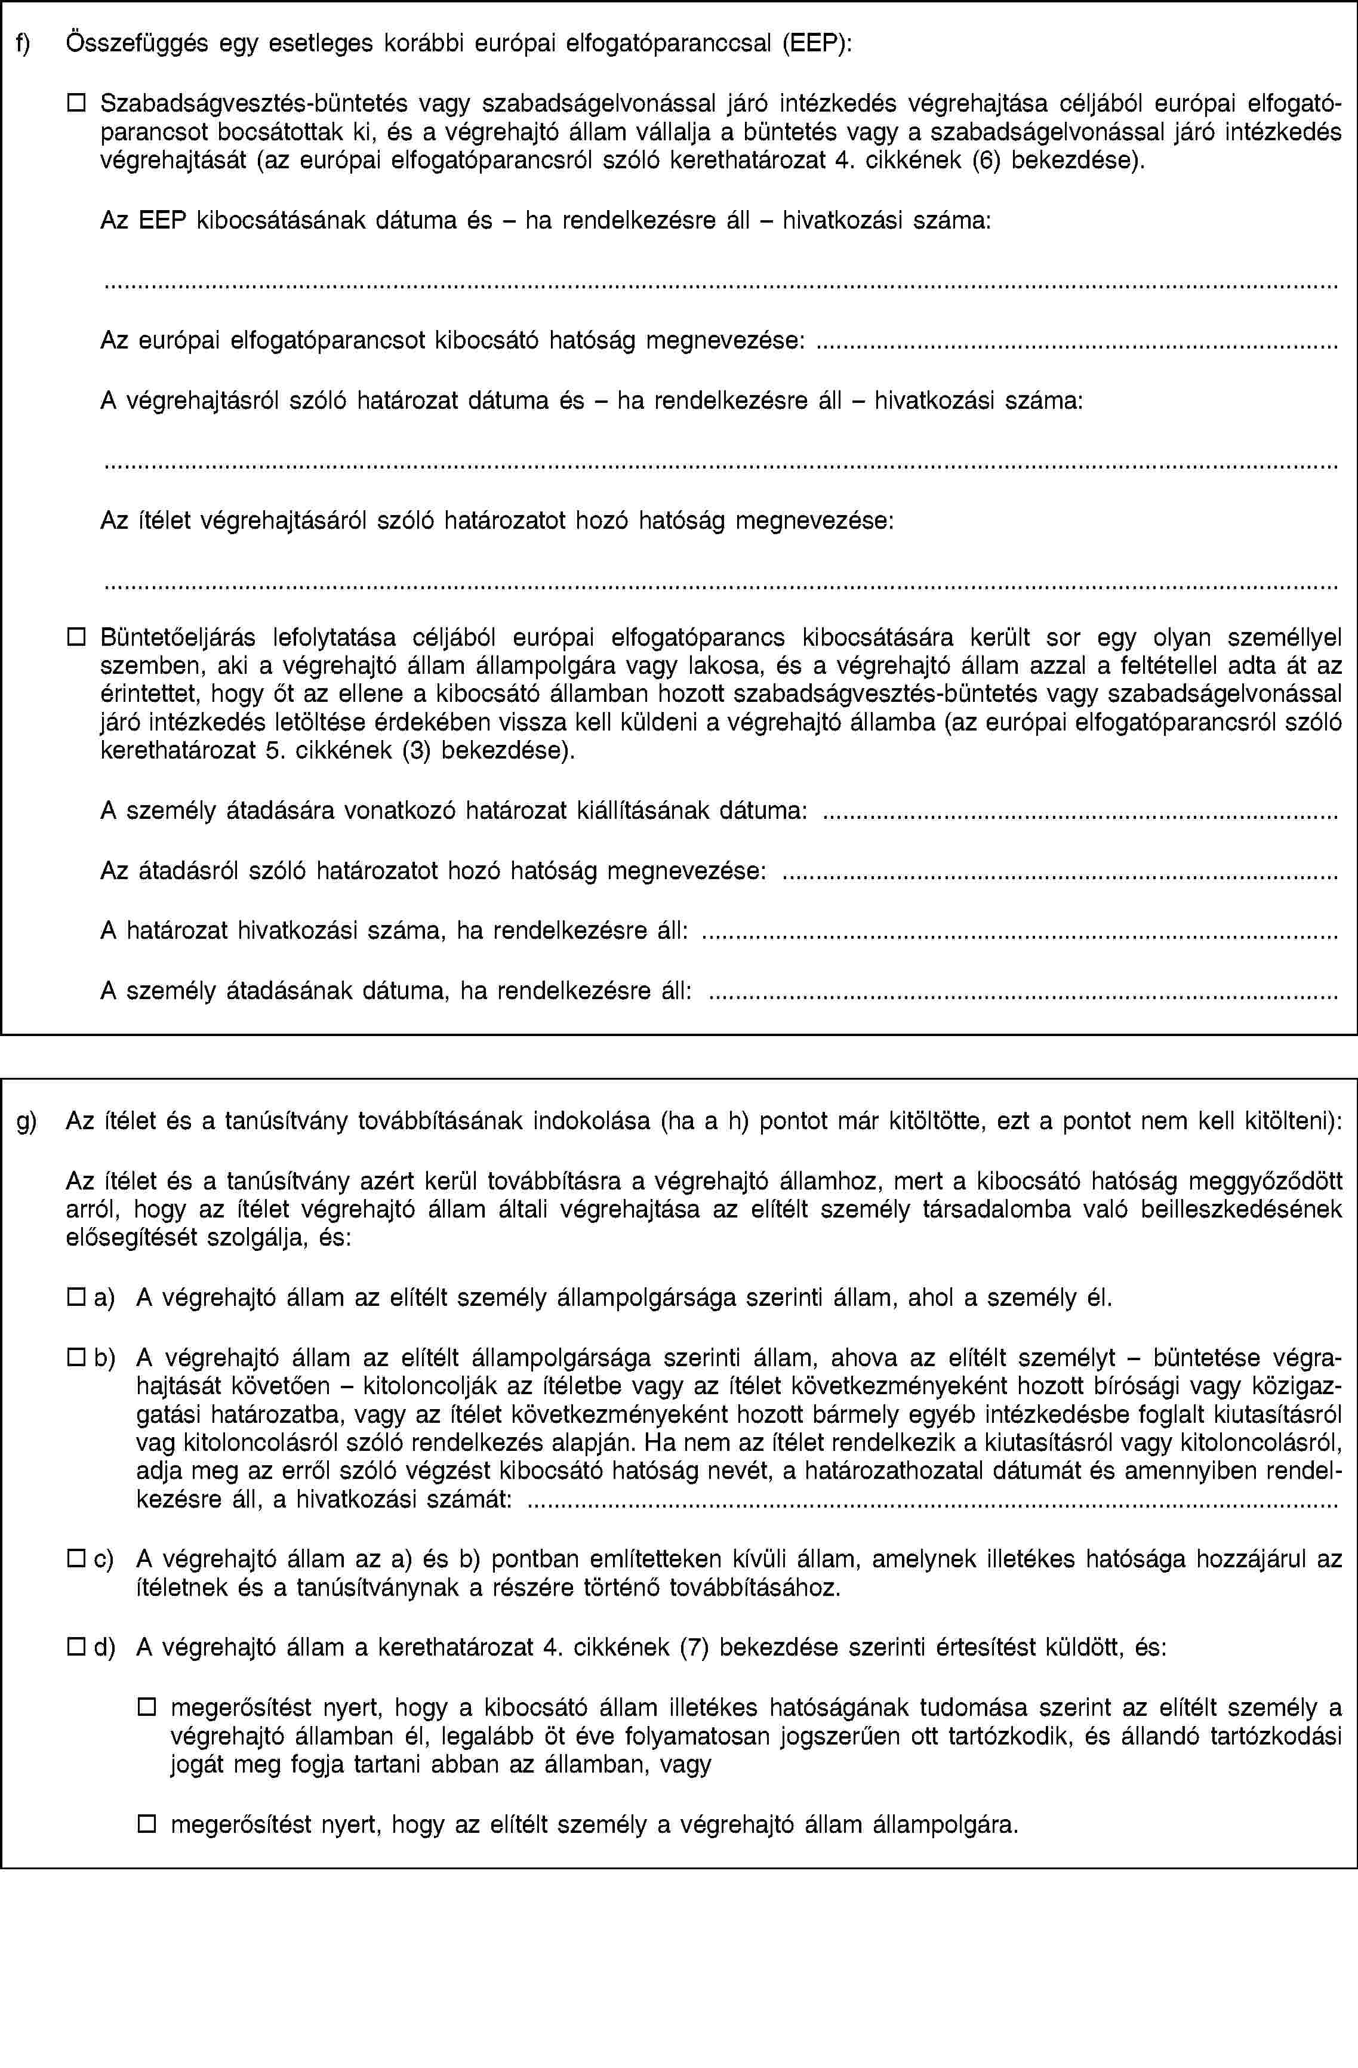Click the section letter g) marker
(26, 1121)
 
